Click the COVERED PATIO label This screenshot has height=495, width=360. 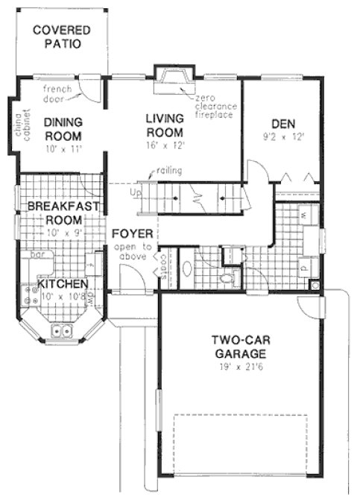click(x=62, y=37)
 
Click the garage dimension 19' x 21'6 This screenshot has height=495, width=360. click(x=238, y=368)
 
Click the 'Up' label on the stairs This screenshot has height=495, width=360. click(x=135, y=192)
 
